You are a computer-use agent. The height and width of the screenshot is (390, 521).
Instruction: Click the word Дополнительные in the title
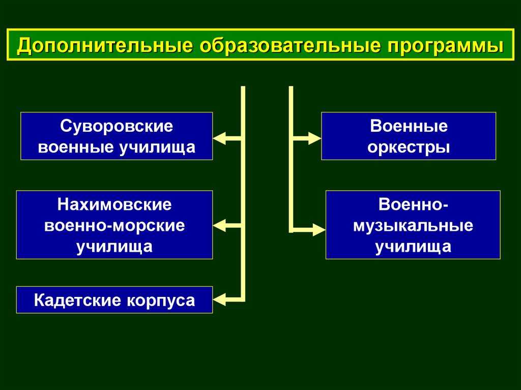tap(105, 45)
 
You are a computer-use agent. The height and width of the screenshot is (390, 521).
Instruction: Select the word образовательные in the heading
tap(290, 45)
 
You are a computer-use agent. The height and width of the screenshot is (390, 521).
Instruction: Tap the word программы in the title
tap(445, 46)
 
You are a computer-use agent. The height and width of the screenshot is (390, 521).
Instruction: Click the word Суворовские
tap(117, 126)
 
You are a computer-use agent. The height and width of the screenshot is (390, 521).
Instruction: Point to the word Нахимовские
tap(114, 204)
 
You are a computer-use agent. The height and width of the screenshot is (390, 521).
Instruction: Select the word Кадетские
tap(77, 301)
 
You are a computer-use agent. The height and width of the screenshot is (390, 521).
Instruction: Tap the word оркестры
tap(409, 147)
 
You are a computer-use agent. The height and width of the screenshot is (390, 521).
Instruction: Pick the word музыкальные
tap(413, 226)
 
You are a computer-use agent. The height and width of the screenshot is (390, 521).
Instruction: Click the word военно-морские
tap(114, 226)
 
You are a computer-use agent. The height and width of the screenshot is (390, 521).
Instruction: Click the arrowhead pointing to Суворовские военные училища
tap(220, 138)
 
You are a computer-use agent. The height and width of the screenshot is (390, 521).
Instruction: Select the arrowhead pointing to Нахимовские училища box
tap(220, 226)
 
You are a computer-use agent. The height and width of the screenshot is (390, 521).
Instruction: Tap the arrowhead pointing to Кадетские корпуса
tap(220, 299)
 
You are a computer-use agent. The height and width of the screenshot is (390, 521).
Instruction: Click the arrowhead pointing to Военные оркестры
tap(314, 138)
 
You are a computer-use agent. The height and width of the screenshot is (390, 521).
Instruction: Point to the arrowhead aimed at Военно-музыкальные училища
tap(319, 229)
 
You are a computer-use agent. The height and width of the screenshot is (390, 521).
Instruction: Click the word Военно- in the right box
tap(413, 204)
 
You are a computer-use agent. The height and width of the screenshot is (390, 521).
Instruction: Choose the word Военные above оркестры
tap(409, 126)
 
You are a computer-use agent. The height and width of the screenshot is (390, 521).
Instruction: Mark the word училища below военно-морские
tap(114, 247)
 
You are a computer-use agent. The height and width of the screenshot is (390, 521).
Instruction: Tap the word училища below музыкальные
tap(413, 247)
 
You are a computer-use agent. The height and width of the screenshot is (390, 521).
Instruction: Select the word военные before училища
tap(76, 147)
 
